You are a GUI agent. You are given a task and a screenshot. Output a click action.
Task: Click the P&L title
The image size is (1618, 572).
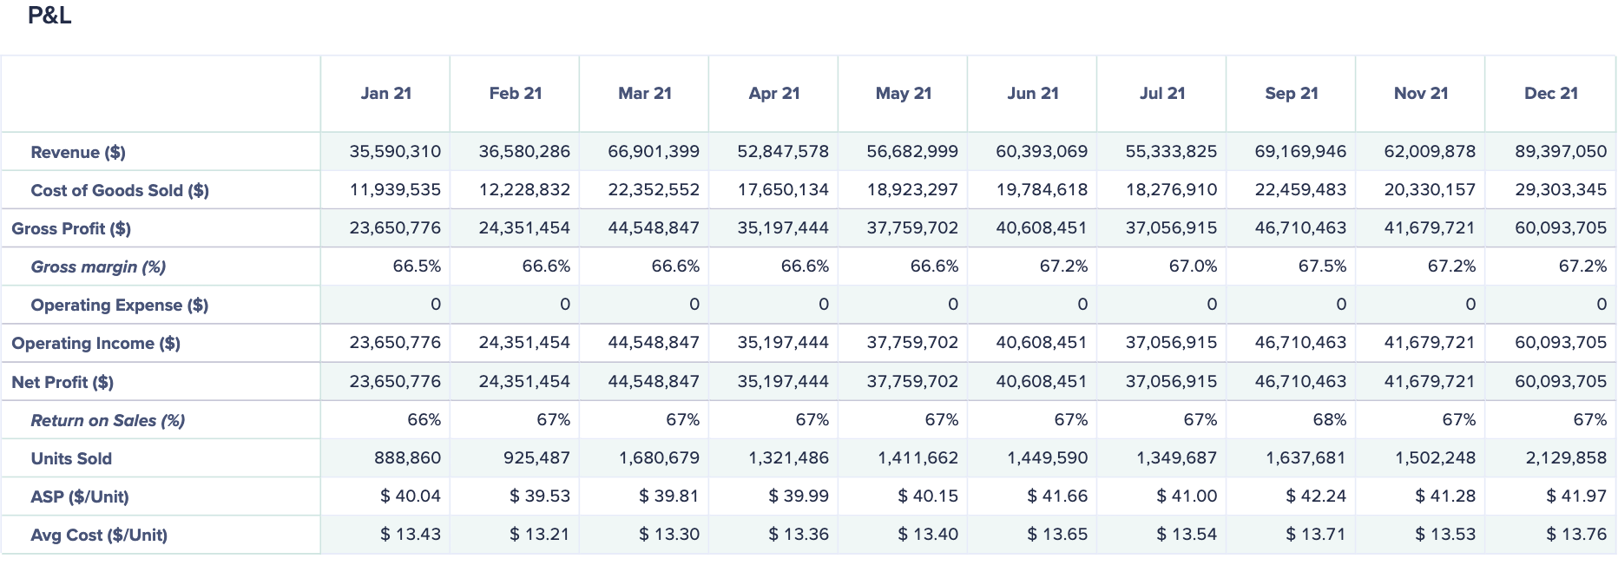tap(49, 16)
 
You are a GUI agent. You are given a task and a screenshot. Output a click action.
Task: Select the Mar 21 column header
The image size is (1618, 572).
tap(645, 94)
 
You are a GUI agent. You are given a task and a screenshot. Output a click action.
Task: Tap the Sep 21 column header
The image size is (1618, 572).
tap(1292, 94)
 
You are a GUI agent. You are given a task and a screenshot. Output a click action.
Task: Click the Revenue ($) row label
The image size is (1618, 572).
tap(78, 153)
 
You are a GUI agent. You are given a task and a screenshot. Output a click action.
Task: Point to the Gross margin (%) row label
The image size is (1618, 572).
tap(98, 267)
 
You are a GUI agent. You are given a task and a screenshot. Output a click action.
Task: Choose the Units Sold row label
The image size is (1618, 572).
tap(71, 459)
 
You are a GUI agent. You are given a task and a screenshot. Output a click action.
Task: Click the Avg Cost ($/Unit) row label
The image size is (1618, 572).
tap(99, 536)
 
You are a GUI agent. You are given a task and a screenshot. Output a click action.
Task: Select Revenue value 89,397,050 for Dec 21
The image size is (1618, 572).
tap(1561, 152)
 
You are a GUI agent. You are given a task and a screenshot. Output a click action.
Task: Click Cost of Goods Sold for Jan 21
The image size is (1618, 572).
tap(395, 190)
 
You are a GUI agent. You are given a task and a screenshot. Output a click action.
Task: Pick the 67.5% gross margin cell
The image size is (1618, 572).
tap(1321, 266)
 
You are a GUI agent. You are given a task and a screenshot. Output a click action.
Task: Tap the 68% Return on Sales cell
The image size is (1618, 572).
tap(1329, 420)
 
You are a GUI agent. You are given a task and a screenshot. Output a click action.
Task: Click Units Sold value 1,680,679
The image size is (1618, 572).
tap(659, 458)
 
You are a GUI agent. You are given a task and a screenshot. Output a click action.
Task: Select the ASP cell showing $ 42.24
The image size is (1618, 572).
tap(1315, 496)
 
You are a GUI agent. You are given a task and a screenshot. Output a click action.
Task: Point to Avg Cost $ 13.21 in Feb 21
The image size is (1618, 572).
tap(539, 535)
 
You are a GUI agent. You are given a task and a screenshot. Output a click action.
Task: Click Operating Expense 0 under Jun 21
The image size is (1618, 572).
tap(1082, 305)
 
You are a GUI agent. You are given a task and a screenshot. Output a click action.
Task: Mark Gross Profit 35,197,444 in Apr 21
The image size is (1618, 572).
tap(783, 228)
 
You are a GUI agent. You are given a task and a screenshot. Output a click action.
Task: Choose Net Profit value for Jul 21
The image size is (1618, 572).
tap(1171, 382)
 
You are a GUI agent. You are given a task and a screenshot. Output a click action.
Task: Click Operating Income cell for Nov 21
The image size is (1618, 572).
tap(1429, 343)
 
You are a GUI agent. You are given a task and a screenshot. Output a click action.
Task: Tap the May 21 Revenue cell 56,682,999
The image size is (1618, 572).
tap(911, 152)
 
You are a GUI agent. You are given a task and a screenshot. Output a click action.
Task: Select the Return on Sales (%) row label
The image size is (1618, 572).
tap(108, 421)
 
